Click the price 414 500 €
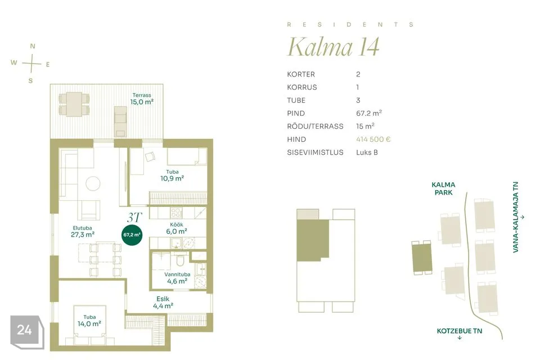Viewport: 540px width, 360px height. pyautogui.click(x=373, y=139)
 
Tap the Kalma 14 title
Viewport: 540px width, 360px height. pyautogui.click(x=334, y=47)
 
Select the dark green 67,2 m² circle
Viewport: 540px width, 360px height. pyautogui.click(x=132, y=235)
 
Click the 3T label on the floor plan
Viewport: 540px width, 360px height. pyautogui.click(x=134, y=217)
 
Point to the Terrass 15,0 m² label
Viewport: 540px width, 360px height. pyautogui.click(x=142, y=99)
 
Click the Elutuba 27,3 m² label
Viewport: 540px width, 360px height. pyautogui.click(x=83, y=232)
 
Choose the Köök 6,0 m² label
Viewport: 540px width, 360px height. pyautogui.click(x=177, y=228)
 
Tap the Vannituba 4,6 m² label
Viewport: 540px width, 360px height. pyautogui.click(x=177, y=278)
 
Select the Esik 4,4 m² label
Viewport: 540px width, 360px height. pyautogui.click(x=163, y=303)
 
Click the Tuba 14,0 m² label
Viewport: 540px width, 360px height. pyautogui.click(x=89, y=321)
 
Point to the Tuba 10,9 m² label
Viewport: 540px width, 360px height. pyautogui.click(x=172, y=175)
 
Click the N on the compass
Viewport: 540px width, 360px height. pyautogui.click(x=33, y=46)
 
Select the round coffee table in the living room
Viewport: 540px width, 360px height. pyautogui.click(x=93, y=183)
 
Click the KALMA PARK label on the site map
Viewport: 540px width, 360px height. pyautogui.click(x=443, y=188)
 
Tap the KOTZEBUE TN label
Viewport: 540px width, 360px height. pyautogui.click(x=460, y=331)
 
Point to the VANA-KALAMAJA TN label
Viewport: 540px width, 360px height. pyautogui.click(x=516, y=217)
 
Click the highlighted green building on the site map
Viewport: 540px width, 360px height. pyautogui.click(x=422, y=258)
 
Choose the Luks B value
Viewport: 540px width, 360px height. pyautogui.click(x=367, y=152)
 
